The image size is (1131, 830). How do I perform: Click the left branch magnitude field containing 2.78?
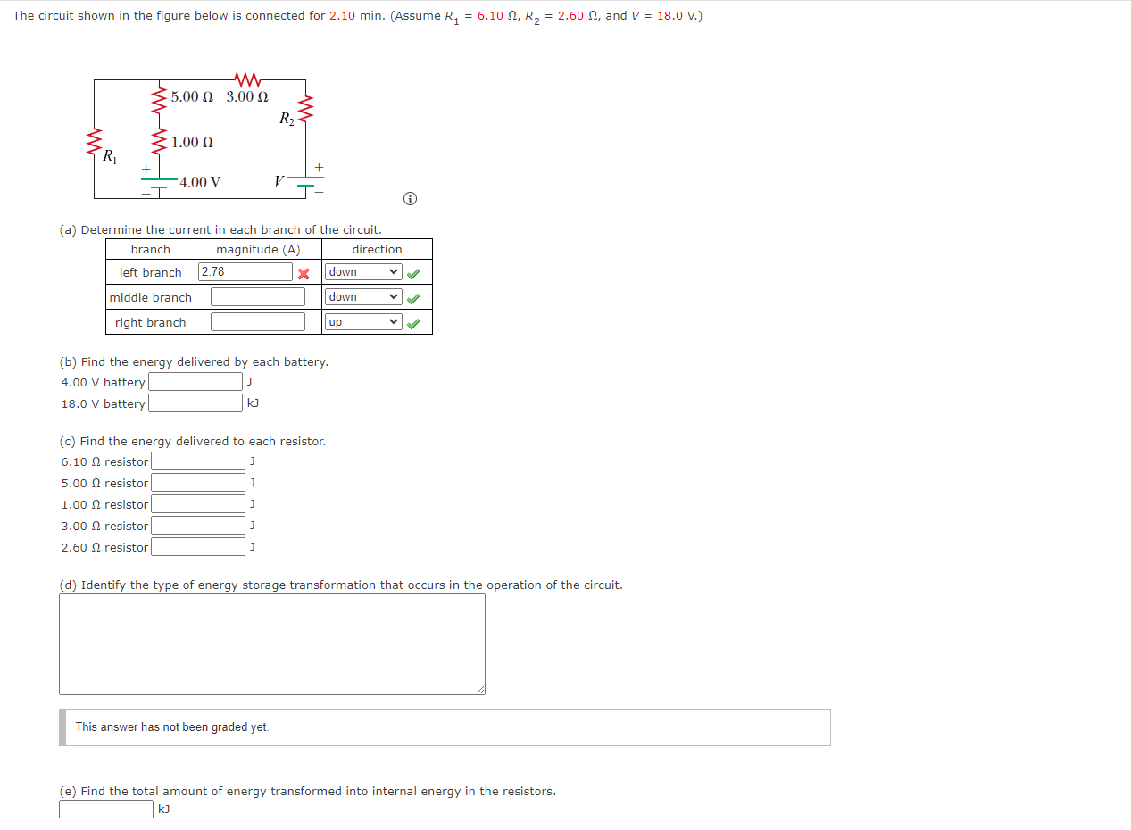tap(246, 272)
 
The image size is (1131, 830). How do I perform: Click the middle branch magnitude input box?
tap(258, 297)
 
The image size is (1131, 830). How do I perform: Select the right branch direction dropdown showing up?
tap(363, 322)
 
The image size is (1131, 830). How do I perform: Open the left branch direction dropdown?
tap(363, 272)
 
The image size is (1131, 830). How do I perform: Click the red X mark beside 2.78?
tap(304, 273)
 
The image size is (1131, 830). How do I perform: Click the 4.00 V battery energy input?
tap(195, 382)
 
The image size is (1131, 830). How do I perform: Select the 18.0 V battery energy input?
tap(195, 403)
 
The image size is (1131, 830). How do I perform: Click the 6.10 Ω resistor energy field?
tap(198, 461)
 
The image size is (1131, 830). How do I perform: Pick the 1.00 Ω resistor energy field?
tap(198, 504)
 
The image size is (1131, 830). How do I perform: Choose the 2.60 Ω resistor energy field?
tap(198, 547)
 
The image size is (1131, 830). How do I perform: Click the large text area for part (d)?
tap(272, 644)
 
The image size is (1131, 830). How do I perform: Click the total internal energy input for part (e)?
tap(106, 809)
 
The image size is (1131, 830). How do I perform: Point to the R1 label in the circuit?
tap(109, 158)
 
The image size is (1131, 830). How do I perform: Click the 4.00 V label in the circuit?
tap(200, 183)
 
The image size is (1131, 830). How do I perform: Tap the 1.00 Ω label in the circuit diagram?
tap(193, 143)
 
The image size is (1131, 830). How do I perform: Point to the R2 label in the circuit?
tap(287, 119)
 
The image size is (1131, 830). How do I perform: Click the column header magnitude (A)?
tap(258, 250)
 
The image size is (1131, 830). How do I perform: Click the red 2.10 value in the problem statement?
tap(343, 16)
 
